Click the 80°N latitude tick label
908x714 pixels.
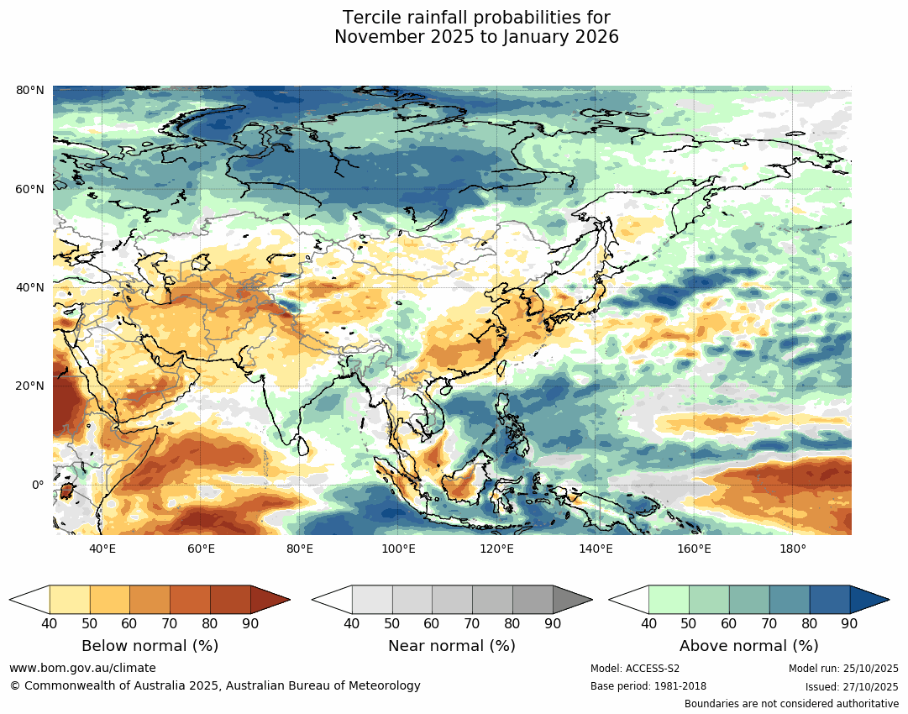[x=30, y=90]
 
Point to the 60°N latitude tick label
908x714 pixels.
[x=30, y=189]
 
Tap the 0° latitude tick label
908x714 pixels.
[x=37, y=485]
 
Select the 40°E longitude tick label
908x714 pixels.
[x=102, y=549]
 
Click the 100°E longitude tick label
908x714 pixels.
[x=398, y=549]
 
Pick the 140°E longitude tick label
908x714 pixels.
[x=596, y=549]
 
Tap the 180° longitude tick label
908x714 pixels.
[x=793, y=549]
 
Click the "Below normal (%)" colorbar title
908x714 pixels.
[x=150, y=646]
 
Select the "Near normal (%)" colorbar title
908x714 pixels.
[x=452, y=646]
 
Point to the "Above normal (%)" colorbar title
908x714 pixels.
[x=748, y=646]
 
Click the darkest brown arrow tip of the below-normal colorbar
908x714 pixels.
[x=269, y=600]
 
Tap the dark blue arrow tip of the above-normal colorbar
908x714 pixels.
[x=868, y=600]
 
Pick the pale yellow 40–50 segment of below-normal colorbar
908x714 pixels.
[x=70, y=600]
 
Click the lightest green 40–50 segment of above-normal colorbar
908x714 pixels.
[x=669, y=600]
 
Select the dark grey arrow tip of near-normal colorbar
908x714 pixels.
[x=571, y=600]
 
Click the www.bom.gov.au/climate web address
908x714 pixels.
[x=82, y=668]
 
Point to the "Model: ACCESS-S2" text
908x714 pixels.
[x=635, y=669]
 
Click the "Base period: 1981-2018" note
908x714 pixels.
[x=648, y=686]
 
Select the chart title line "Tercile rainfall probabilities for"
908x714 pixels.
[x=476, y=18]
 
